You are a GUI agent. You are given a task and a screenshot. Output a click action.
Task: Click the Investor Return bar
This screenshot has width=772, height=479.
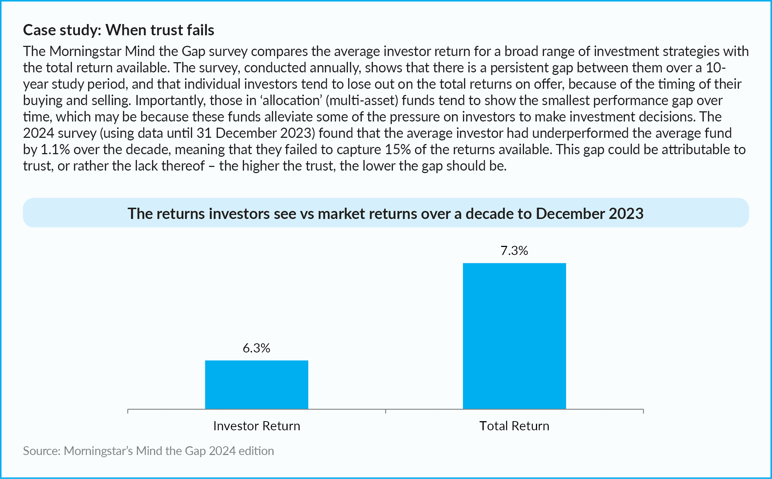pyautogui.click(x=256, y=384)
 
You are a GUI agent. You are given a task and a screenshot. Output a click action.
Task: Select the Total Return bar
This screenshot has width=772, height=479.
pyautogui.click(x=514, y=336)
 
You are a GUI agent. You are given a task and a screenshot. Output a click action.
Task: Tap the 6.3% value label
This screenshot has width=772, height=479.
pyautogui.click(x=256, y=348)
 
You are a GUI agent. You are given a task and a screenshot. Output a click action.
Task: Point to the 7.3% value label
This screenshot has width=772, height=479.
pyautogui.click(x=514, y=251)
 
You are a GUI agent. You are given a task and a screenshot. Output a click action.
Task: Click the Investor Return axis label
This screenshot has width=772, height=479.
pyautogui.click(x=257, y=426)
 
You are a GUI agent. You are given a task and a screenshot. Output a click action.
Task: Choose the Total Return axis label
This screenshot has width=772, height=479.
pyautogui.click(x=514, y=426)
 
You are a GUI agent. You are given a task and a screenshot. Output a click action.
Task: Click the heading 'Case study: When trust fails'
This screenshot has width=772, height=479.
pyautogui.click(x=119, y=30)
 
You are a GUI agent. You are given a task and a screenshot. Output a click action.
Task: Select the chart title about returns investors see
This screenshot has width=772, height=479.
pyautogui.click(x=386, y=213)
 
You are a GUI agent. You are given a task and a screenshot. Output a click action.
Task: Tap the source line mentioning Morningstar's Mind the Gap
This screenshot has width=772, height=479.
pyautogui.click(x=149, y=451)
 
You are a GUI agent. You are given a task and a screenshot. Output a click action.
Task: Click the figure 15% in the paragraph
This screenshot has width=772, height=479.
pyautogui.click(x=398, y=149)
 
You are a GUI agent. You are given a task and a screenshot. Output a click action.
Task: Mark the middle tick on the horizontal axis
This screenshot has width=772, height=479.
pyautogui.click(x=386, y=411)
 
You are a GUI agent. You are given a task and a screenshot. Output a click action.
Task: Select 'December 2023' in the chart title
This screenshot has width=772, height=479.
pyautogui.click(x=590, y=213)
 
